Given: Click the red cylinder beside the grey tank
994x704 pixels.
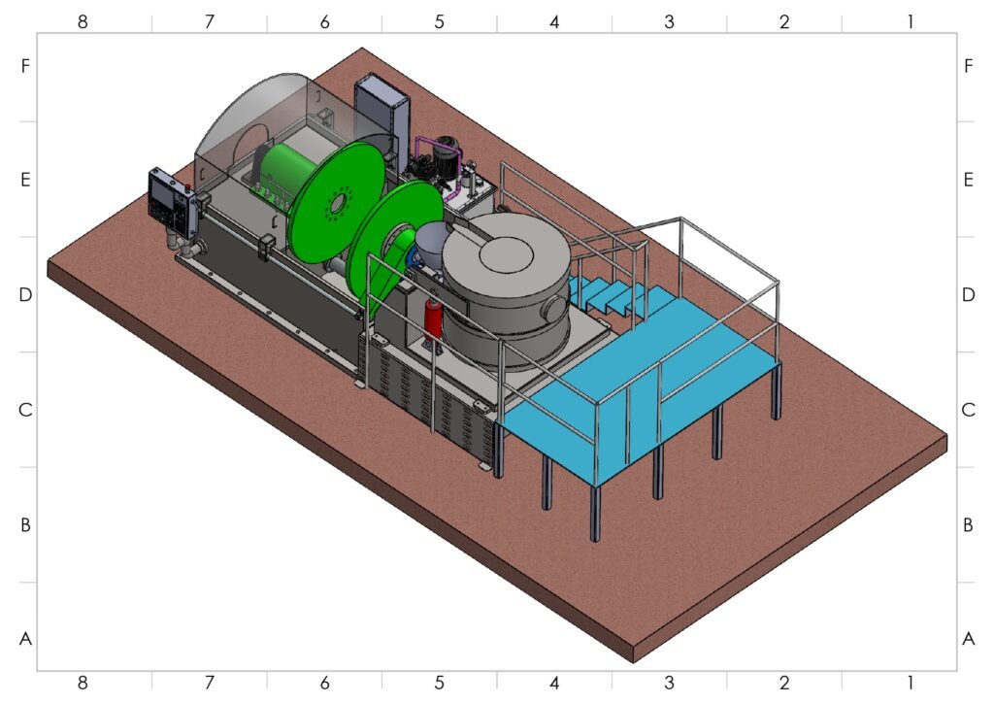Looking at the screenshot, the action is (434, 320).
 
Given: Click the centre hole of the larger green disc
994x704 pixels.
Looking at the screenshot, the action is (338, 203).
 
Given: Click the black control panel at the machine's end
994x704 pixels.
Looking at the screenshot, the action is (171, 203).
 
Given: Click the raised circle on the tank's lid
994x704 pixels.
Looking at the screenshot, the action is (506, 253).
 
